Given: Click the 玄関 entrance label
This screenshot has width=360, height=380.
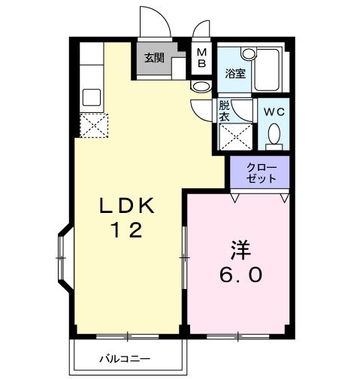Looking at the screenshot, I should [x=154, y=59].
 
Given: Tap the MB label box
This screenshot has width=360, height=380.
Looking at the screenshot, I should [x=201, y=59].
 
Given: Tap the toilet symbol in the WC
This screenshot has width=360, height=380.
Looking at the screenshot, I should [x=274, y=135].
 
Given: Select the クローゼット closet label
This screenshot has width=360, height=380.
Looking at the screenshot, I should [x=261, y=172].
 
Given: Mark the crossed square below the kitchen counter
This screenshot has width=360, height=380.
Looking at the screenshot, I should [x=94, y=124].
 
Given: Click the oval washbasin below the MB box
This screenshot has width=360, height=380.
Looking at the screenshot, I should [x=201, y=87].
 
